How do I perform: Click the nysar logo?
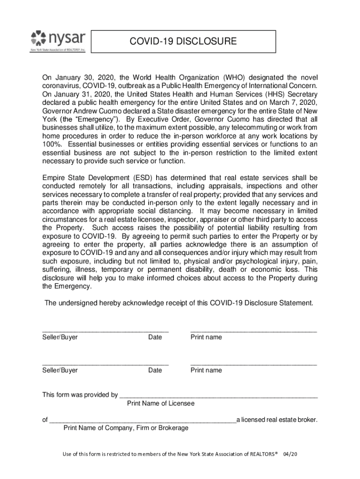58,41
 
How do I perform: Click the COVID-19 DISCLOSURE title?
183,42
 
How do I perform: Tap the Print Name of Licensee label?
161,403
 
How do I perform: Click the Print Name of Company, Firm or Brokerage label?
126,428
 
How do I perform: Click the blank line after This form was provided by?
218,395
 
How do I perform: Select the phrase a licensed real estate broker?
277,420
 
